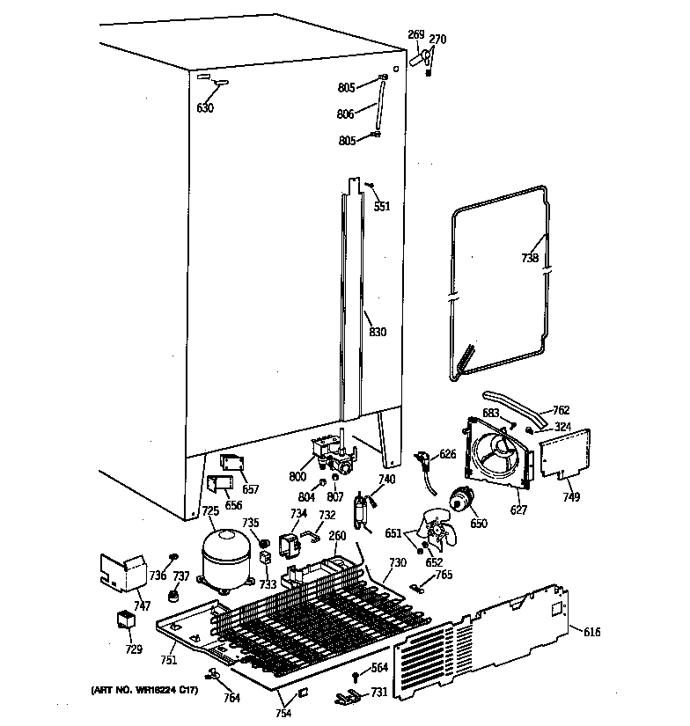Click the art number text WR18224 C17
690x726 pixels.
point(144,691)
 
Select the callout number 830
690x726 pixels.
point(377,332)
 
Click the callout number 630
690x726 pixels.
point(204,108)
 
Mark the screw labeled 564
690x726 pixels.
point(354,678)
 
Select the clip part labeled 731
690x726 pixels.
point(345,698)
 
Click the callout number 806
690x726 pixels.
point(345,114)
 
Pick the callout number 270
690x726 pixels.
point(437,39)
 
